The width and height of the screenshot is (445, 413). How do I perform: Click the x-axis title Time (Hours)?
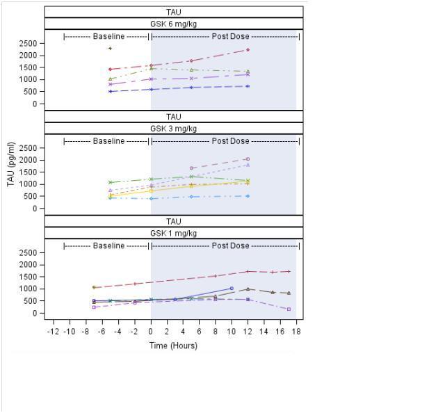tap(173, 346)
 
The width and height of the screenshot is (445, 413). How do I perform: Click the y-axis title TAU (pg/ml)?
tap(10, 164)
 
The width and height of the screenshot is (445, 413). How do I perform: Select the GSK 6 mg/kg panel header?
tap(173, 24)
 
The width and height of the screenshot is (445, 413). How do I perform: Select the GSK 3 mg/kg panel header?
tap(173, 129)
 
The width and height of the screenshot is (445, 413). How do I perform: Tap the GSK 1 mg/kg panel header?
tap(173, 234)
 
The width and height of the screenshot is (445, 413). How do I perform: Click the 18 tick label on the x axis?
tap(296, 332)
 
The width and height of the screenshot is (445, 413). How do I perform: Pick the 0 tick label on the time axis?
tap(151, 332)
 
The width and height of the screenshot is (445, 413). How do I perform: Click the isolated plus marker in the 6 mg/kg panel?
tap(110, 48)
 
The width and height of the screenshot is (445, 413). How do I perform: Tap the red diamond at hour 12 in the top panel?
tap(248, 49)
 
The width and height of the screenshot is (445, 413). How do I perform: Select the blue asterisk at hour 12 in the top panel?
tap(248, 86)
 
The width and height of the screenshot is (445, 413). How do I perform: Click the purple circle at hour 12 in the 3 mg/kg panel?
tap(248, 159)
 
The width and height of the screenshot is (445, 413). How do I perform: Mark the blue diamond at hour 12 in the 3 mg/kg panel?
tap(248, 196)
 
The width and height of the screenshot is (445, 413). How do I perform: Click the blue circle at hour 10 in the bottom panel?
tap(232, 289)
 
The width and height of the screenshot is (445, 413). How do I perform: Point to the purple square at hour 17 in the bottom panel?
tap(289, 309)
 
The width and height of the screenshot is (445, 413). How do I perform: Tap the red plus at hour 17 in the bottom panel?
tap(289, 271)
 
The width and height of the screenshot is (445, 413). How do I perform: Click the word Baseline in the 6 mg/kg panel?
tap(108, 36)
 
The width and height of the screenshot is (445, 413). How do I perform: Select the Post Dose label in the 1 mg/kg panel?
tap(230, 245)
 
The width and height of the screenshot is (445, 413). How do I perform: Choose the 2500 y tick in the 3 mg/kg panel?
tap(28, 148)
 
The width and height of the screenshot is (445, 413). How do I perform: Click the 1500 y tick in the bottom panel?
tap(28, 277)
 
